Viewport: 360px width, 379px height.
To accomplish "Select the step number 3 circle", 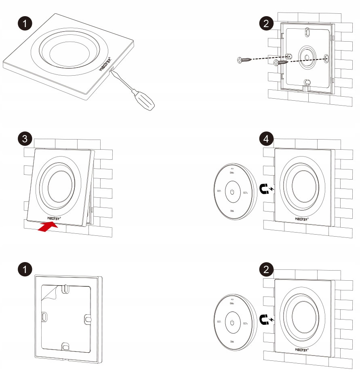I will pos(25,140).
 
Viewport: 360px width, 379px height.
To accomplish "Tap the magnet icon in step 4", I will pos(265,189).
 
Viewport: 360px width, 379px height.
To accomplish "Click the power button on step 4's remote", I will pos(232,191).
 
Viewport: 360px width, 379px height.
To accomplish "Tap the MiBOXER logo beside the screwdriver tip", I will pos(108,66).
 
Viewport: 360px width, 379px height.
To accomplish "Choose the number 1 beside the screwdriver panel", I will pos(25,23).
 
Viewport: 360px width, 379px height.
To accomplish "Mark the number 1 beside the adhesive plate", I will pos(25,269).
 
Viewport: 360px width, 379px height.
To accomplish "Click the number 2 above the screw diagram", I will pos(265,23).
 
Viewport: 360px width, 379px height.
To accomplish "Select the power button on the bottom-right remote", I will pos(232,322).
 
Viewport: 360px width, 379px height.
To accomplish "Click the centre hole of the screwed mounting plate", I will pos(306,58).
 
